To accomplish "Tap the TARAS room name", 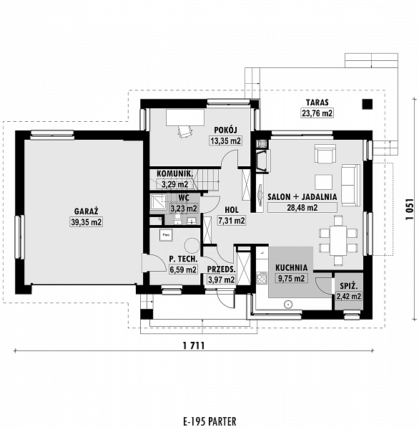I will (x=317, y=102).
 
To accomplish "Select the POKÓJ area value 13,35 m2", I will (x=225, y=140).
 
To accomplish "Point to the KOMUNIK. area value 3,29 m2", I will (x=174, y=184).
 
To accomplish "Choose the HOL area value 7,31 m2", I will (x=231, y=221).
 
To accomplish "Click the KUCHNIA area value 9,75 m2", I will (x=290, y=278).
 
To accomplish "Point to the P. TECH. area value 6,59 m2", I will (x=182, y=270).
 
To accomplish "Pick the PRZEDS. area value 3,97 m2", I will (x=220, y=279).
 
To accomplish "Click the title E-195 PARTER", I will (x=209, y=421).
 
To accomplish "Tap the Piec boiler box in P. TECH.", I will (x=165, y=234).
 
